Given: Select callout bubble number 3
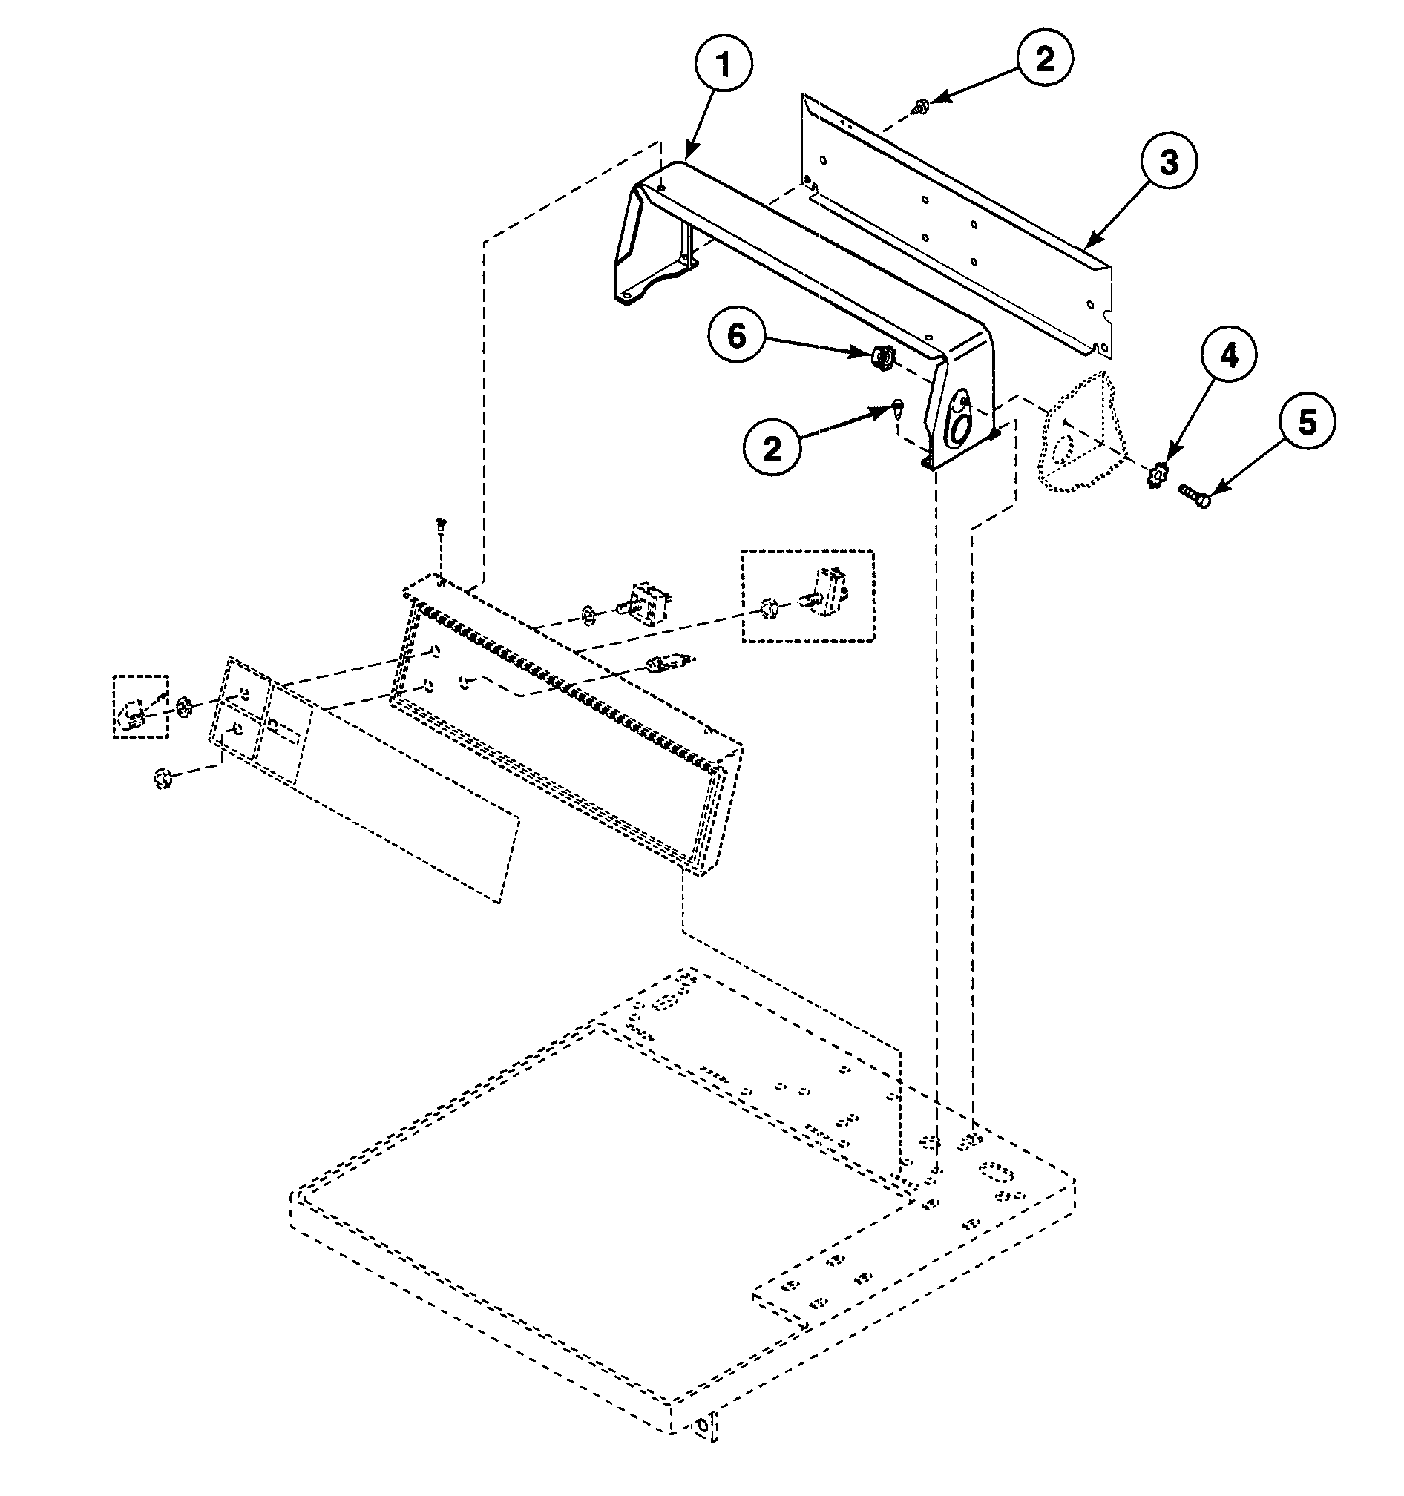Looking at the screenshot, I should tap(1167, 162).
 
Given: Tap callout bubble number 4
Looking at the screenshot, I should tap(1228, 356).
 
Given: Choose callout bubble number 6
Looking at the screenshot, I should tap(735, 337).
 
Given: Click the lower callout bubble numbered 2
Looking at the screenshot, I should tap(772, 449).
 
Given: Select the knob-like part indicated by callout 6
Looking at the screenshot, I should tap(882, 356).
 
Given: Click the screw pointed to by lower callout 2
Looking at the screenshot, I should tap(898, 409).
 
